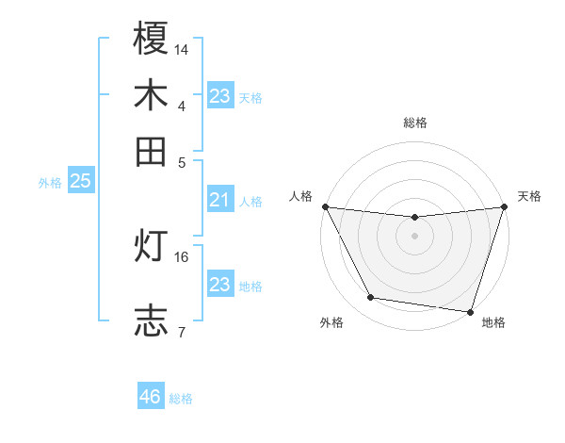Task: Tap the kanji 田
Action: point(152,151)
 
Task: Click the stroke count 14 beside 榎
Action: point(182,48)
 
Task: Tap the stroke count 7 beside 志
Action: point(181,331)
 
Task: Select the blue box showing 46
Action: point(151,397)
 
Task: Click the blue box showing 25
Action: point(80,181)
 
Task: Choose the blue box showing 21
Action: point(219,200)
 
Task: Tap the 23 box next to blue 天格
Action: point(219,96)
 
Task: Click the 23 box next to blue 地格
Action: point(219,285)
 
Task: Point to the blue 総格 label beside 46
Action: point(181,399)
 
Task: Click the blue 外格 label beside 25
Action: point(50,183)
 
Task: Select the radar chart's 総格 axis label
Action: point(415,123)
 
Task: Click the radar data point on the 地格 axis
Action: point(470,311)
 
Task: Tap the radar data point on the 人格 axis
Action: point(325,206)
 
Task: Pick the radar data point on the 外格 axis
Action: point(371,298)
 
